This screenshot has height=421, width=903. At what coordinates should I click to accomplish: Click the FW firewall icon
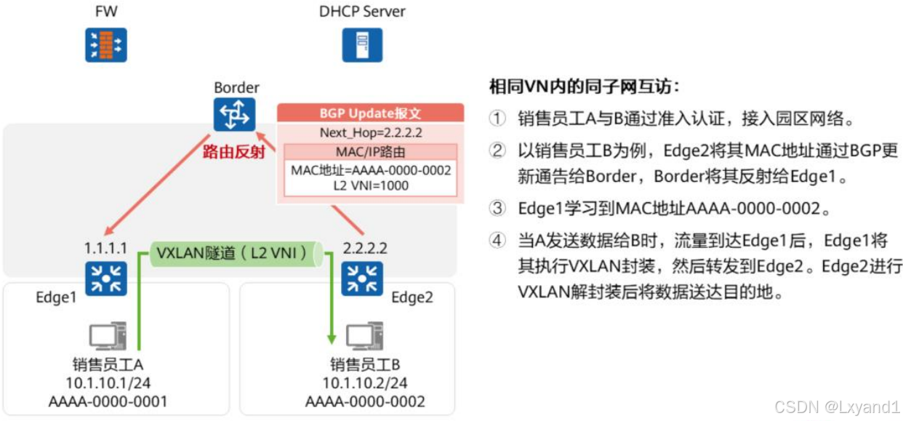point(106,44)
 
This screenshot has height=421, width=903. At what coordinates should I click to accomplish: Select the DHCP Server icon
point(362,44)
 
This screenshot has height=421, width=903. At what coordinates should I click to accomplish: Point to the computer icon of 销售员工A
point(108,335)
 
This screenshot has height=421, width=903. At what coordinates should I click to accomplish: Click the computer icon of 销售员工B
point(364,335)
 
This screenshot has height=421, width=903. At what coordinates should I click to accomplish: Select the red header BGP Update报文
point(371,113)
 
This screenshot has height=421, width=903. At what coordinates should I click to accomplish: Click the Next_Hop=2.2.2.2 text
point(371,133)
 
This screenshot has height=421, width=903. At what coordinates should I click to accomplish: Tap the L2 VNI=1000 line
point(371,185)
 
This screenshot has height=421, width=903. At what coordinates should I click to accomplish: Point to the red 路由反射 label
point(232,151)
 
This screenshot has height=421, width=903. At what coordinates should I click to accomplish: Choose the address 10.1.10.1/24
point(108,383)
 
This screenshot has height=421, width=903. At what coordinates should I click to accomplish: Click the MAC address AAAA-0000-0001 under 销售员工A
point(108,401)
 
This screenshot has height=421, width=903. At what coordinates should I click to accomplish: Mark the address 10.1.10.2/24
point(365,383)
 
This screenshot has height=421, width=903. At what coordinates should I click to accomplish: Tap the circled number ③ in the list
point(497,209)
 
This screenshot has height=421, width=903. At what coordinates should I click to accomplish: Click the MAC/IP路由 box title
point(371,152)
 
